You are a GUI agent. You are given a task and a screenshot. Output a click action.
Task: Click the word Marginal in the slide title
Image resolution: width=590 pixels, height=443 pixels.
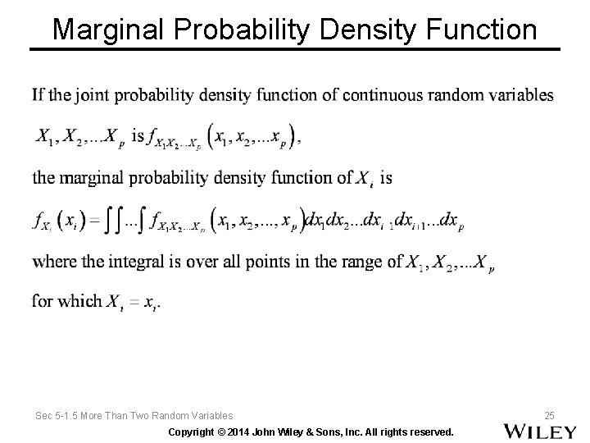[108, 30]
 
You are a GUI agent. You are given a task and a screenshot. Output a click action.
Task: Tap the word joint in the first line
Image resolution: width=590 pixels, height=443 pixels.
[98, 95]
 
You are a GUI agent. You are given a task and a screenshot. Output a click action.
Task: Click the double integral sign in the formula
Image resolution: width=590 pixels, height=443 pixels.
[123, 220]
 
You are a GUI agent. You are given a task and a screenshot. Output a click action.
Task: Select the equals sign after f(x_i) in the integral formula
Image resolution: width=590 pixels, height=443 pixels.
[94, 221]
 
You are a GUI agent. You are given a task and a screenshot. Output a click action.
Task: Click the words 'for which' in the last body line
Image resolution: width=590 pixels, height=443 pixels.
[66, 301]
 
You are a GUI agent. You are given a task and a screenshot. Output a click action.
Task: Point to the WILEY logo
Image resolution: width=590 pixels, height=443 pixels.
[540, 431]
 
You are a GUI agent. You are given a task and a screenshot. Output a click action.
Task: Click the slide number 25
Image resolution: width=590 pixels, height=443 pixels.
[550, 415]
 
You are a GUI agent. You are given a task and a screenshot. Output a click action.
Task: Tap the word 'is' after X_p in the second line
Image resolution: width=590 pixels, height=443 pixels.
[138, 136]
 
